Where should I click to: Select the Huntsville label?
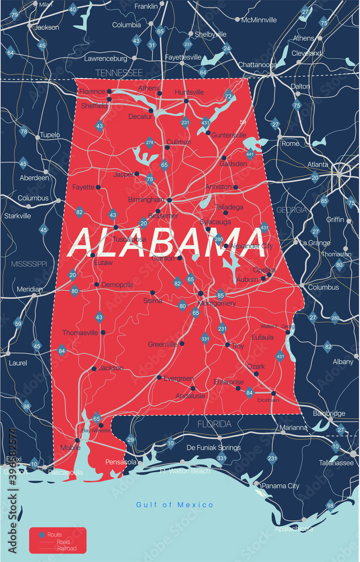pos(189,92)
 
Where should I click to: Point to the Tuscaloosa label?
pos(129,239)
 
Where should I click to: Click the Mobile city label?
pos(71,448)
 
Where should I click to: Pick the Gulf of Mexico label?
pos(175,505)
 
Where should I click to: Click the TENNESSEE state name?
pos(119,72)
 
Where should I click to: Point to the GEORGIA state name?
pos(291,210)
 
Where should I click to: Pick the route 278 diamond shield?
pos(150,143)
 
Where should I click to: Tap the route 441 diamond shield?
pos(249,154)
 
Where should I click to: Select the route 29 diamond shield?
pos(131,439)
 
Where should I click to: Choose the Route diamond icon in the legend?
pos(41,534)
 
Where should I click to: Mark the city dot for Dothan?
pos(274,393)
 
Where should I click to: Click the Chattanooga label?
pos(257,65)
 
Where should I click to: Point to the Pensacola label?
pos(121,462)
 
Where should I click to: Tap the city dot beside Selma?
pos(153,292)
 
